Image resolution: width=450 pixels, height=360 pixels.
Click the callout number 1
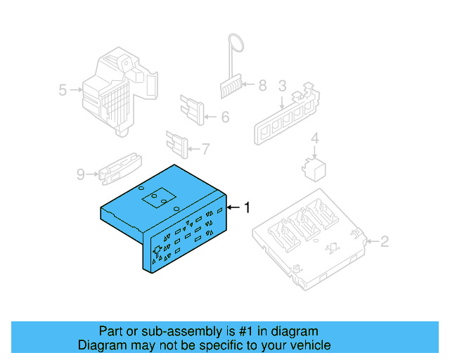(247, 207)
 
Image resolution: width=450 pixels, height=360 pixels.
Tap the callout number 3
(282, 86)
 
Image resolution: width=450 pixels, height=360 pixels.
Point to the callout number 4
(315, 139)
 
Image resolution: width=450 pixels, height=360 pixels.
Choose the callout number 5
(63, 90)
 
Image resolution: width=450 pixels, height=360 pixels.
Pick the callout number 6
(225, 117)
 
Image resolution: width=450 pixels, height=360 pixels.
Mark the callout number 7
(205, 148)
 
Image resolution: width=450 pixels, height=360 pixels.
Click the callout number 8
(262, 86)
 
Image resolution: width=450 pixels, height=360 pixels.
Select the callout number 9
(81, 173)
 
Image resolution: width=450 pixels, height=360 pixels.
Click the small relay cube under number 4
(313, 167)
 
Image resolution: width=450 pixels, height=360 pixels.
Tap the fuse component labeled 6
(194, 109)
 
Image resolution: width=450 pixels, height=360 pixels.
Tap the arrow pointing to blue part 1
(233, 207)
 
